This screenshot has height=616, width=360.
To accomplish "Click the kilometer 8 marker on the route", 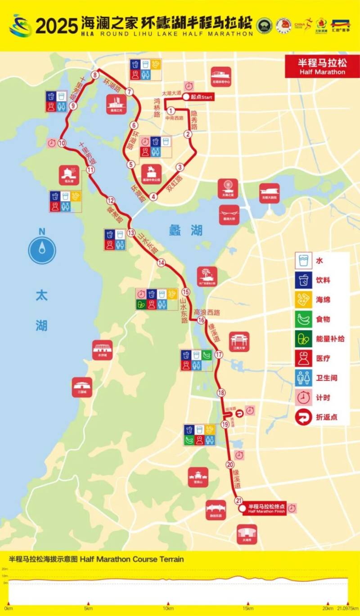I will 95,75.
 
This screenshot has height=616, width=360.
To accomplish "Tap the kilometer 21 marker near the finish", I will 239,500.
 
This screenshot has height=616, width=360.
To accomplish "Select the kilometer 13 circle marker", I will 131,233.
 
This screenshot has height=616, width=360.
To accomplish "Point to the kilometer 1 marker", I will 171,111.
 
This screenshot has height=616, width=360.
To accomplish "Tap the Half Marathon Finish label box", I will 266,509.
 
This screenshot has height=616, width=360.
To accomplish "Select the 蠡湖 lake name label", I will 185,231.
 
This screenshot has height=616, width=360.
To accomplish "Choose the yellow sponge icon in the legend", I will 304,299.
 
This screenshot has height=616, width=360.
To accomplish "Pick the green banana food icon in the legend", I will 304,319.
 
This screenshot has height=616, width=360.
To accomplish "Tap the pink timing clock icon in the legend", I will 304,397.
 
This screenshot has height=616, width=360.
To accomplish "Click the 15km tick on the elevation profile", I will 248,604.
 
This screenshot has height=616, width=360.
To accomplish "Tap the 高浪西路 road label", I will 207,312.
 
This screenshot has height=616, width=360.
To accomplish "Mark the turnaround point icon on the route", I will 239,412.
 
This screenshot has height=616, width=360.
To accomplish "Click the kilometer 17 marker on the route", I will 219,355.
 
